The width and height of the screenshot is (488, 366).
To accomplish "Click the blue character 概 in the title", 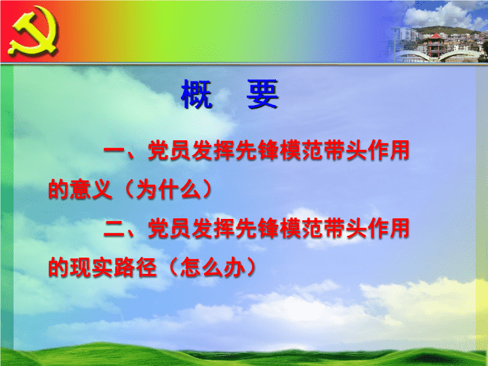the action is [x=197, y=94].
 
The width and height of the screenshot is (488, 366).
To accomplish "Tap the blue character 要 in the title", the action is [x=262, y=94].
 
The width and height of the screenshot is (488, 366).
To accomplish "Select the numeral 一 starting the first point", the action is [x=115, y=150].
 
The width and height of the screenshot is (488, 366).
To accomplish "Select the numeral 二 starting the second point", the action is [x=115, y=228].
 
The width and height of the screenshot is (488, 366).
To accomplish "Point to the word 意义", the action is [x=91, y=189].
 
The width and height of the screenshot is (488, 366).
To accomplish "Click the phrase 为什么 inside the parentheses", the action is [x=169, y=189].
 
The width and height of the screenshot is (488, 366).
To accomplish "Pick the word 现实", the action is [x=91, y=267].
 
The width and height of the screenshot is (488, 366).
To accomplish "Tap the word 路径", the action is [x=135, y=267].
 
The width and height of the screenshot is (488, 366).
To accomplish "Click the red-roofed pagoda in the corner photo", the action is [x=436, y=45].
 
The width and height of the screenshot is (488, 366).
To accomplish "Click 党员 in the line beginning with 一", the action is [x=169, y=150].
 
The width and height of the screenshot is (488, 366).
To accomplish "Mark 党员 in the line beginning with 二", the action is [x=169, y=228].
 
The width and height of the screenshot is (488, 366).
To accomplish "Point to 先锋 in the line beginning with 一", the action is [x=257, y=150].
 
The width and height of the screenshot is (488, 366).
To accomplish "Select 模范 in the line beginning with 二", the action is [x=301, y=228].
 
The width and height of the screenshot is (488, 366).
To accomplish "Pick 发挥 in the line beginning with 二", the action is [x=213, y=228].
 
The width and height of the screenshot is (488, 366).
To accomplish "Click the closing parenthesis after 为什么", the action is [x=207, y=189].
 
